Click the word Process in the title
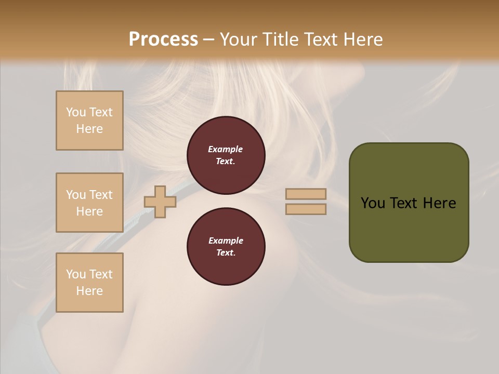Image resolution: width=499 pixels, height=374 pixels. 163,39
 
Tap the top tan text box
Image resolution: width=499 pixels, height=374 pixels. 89,121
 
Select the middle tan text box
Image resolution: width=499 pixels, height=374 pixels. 89,203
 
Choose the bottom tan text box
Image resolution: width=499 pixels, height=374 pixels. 89,283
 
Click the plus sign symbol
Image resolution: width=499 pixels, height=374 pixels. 160,202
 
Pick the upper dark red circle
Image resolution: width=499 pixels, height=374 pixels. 226,155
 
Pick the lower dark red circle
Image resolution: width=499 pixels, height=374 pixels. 226,247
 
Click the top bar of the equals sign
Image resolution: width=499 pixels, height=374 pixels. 306,194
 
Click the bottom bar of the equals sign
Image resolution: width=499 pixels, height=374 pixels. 306,209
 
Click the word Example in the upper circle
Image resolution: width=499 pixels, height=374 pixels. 226,149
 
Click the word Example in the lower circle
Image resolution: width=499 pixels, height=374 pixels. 226,241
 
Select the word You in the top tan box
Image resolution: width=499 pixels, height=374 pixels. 75,112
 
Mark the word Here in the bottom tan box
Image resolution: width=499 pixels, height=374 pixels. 89,291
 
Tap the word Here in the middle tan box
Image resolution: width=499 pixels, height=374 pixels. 89,211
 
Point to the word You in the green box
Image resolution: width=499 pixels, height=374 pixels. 373,203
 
